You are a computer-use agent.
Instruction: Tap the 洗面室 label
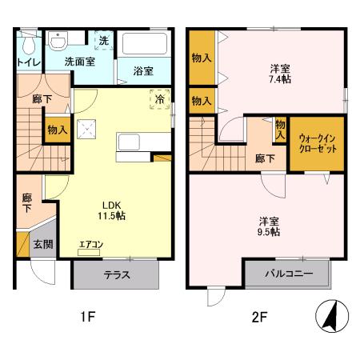pos(80,61)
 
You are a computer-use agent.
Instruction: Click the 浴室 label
pos(143,70)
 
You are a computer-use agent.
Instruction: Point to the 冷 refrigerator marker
pos(160,99)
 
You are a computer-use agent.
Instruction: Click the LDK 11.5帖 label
pos(112,210)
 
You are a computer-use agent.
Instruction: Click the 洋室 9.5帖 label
pos(269,226)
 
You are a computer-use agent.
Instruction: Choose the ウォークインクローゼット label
pos(318,144)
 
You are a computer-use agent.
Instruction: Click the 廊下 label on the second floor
pos(265,158)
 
